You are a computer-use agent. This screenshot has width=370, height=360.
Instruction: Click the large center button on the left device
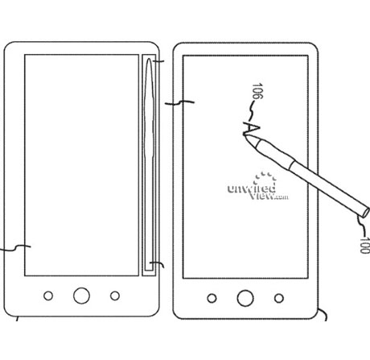tap(81, 296)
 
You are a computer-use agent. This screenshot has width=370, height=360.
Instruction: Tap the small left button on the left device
tap(48, 296)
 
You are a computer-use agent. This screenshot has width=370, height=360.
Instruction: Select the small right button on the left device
tap(115, 296)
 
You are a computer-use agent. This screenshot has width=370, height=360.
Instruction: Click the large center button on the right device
tap(245, 298)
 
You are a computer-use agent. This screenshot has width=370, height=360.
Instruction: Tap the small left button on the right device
tap(212, 298)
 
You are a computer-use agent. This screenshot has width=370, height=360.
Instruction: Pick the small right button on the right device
tap(279, 298)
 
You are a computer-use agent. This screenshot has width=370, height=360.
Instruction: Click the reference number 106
tap(257, 91)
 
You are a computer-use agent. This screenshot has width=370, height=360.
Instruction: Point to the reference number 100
tap(365, 245)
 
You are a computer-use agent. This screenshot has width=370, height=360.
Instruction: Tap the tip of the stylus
tap(245, 135)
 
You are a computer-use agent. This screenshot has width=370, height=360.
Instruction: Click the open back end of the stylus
tap(366, 212)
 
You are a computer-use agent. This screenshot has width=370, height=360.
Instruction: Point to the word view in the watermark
tap(261, 195)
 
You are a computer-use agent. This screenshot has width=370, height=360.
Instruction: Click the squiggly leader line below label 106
tap(250, 111)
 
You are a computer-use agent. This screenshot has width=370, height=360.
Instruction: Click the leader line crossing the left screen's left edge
tap(15, 248)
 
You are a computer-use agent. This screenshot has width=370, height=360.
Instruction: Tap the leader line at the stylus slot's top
tap(158, 61)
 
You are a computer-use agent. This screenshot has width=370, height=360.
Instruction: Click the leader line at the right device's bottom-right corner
tap(323, 313)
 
